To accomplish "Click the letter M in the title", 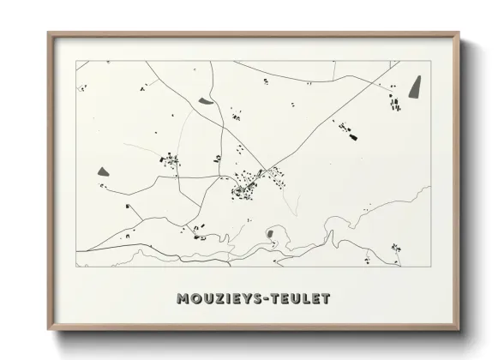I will [183, 299].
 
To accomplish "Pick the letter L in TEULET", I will [301, 299].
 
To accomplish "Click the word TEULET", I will [299, 299].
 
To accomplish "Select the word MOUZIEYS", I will [219, 299].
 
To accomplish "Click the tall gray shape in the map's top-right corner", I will [416, 87].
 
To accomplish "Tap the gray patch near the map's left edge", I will [104, 171].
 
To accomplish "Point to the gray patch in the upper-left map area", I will [207, 101].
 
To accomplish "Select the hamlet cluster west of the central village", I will [171, 160].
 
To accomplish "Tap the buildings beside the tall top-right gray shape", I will [395, 104].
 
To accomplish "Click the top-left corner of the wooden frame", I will [49, 33].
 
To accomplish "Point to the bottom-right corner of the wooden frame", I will [459, 329].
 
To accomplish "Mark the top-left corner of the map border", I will [76, 61].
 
